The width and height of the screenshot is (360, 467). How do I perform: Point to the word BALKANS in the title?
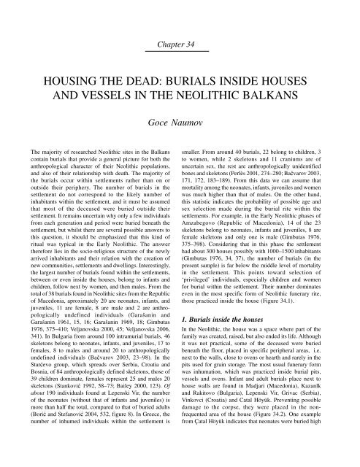click(x=290, y=99)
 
